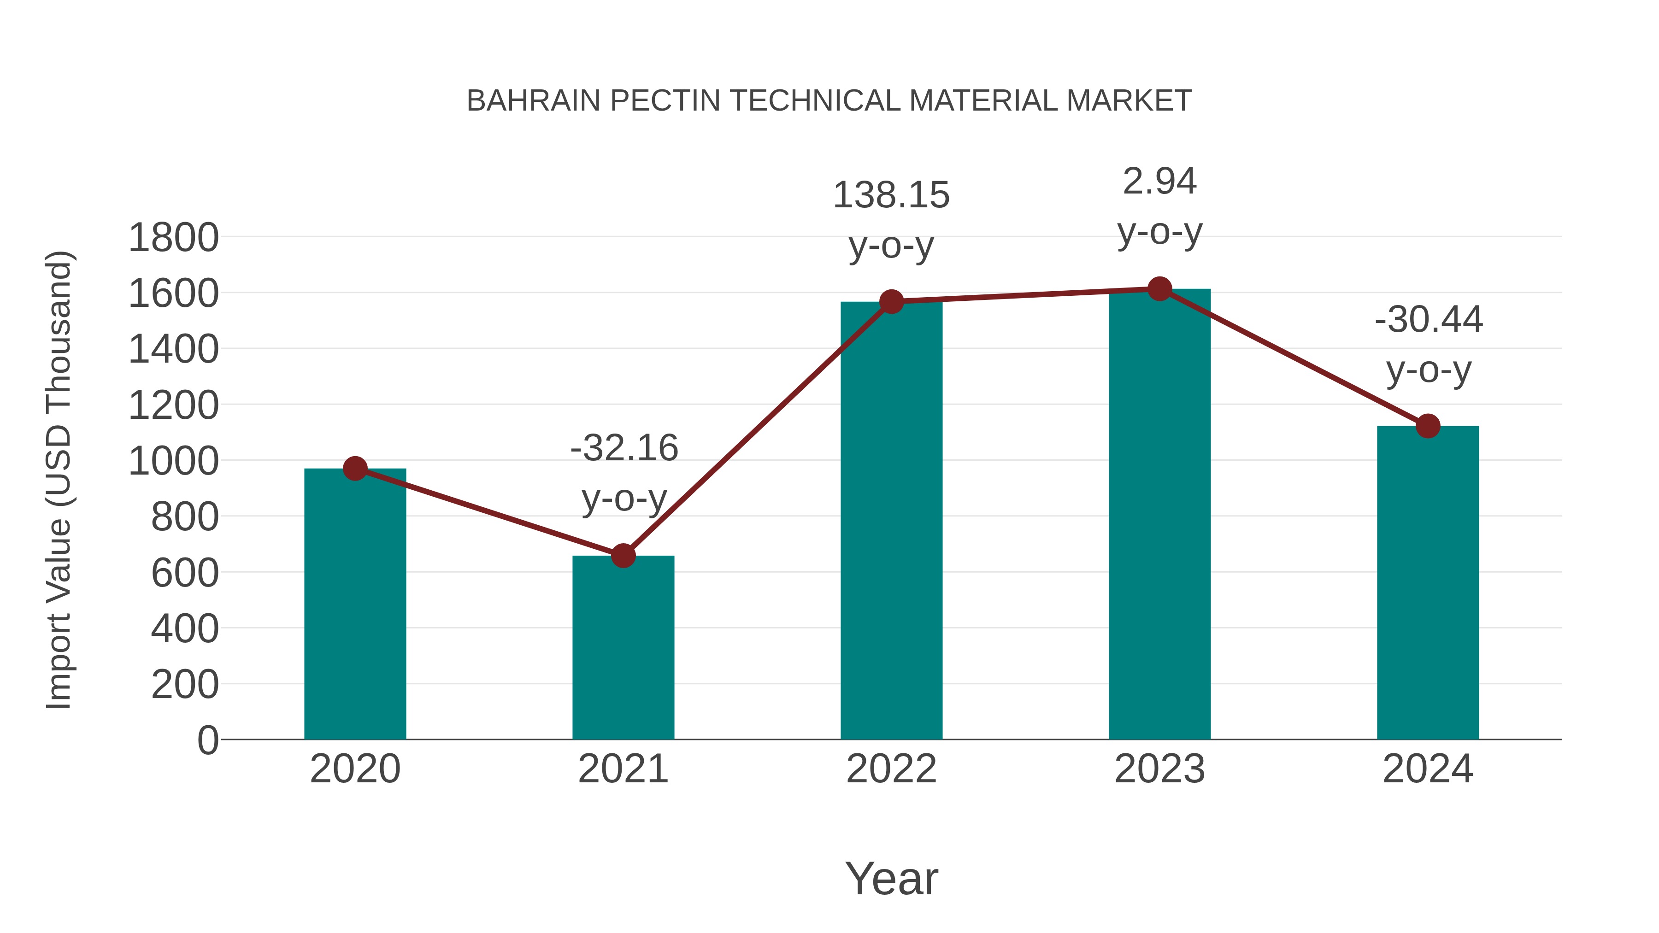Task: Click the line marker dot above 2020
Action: [x=355, y=469]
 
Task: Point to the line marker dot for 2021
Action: [x=623, y=556]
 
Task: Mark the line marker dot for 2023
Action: [x=1159, y=289]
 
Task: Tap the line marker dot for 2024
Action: [x=1428, y=426]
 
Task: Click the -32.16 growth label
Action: [x=624, y=448]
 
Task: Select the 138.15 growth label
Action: [x=891, y=195]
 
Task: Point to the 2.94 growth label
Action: [x=1159, y=182]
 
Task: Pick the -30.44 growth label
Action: [x=1429, y=320]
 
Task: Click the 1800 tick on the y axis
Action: [x=173, y=238]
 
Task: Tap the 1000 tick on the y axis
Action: [x=173, y=461]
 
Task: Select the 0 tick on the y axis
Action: [x=207, y=740]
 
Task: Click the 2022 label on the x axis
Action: [x=891, y=769]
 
